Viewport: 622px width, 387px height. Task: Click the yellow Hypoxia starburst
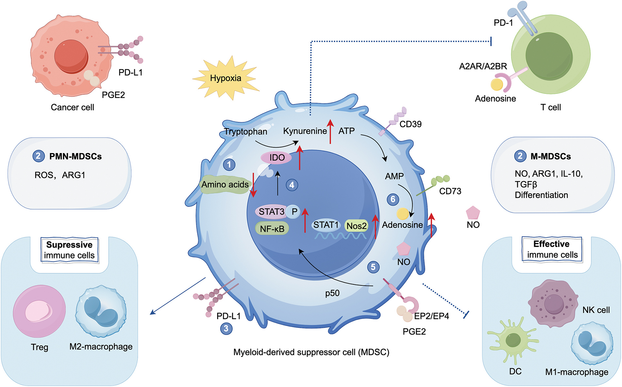click(x=226, y=78)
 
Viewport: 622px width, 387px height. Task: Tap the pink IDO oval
click(x=277, y=158)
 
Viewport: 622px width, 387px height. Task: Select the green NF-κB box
click(x=272, y=229)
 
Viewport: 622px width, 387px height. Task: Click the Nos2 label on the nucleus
click(x=357, y=226)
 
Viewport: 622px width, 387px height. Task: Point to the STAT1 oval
click(x=326, y=225)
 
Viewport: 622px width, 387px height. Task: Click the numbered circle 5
click(x=373, y=267)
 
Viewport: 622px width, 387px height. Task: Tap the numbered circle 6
click(x=393, y=199)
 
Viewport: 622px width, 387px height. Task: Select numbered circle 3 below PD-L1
click(x=226, y=328)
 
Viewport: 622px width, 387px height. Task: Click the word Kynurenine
click(x=305, y=131)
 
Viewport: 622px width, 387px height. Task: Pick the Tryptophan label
click(x=246, y=132)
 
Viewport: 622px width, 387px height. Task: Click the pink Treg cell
click(x=39, y=311)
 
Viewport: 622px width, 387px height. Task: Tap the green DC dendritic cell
click(x=513, y=341)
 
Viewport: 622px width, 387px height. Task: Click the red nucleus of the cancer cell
click(x=71, y=56)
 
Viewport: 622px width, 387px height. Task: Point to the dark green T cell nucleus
click(x=549, y=56)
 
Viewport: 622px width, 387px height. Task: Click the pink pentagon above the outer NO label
click(x=473, y=213)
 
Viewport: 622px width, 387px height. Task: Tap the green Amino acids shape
click(x=225, y=185)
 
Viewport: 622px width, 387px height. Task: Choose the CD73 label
click(x=450, y=191)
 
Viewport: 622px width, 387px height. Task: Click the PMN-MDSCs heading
click(x=75, y=157)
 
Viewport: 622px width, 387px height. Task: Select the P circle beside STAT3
click(x=294, y=212)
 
